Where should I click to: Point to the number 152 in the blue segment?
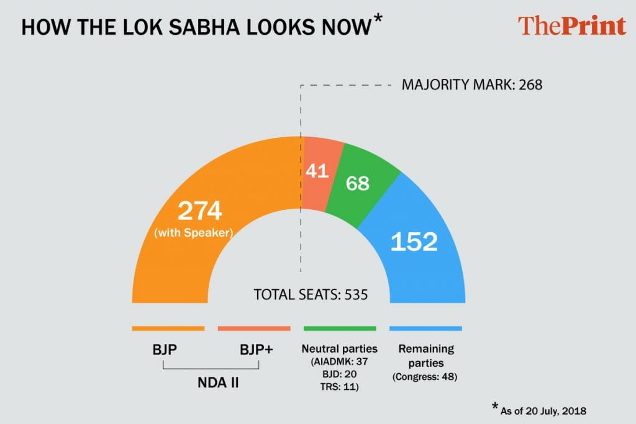tap(414, 241)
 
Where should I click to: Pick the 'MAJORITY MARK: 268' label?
tap(472, 84)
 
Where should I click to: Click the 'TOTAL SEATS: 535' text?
tap(311, 294)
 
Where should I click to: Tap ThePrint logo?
tap(571, 26)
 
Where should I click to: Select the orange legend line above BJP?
tap(168, 328)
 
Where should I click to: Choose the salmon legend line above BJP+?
tap(254, 328)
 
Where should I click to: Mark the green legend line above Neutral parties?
tap(340, 328)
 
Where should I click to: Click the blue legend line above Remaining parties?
tap(425, 328)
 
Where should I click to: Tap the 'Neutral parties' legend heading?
tap(339, 349)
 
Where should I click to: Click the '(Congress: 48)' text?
tap(425, 376)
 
